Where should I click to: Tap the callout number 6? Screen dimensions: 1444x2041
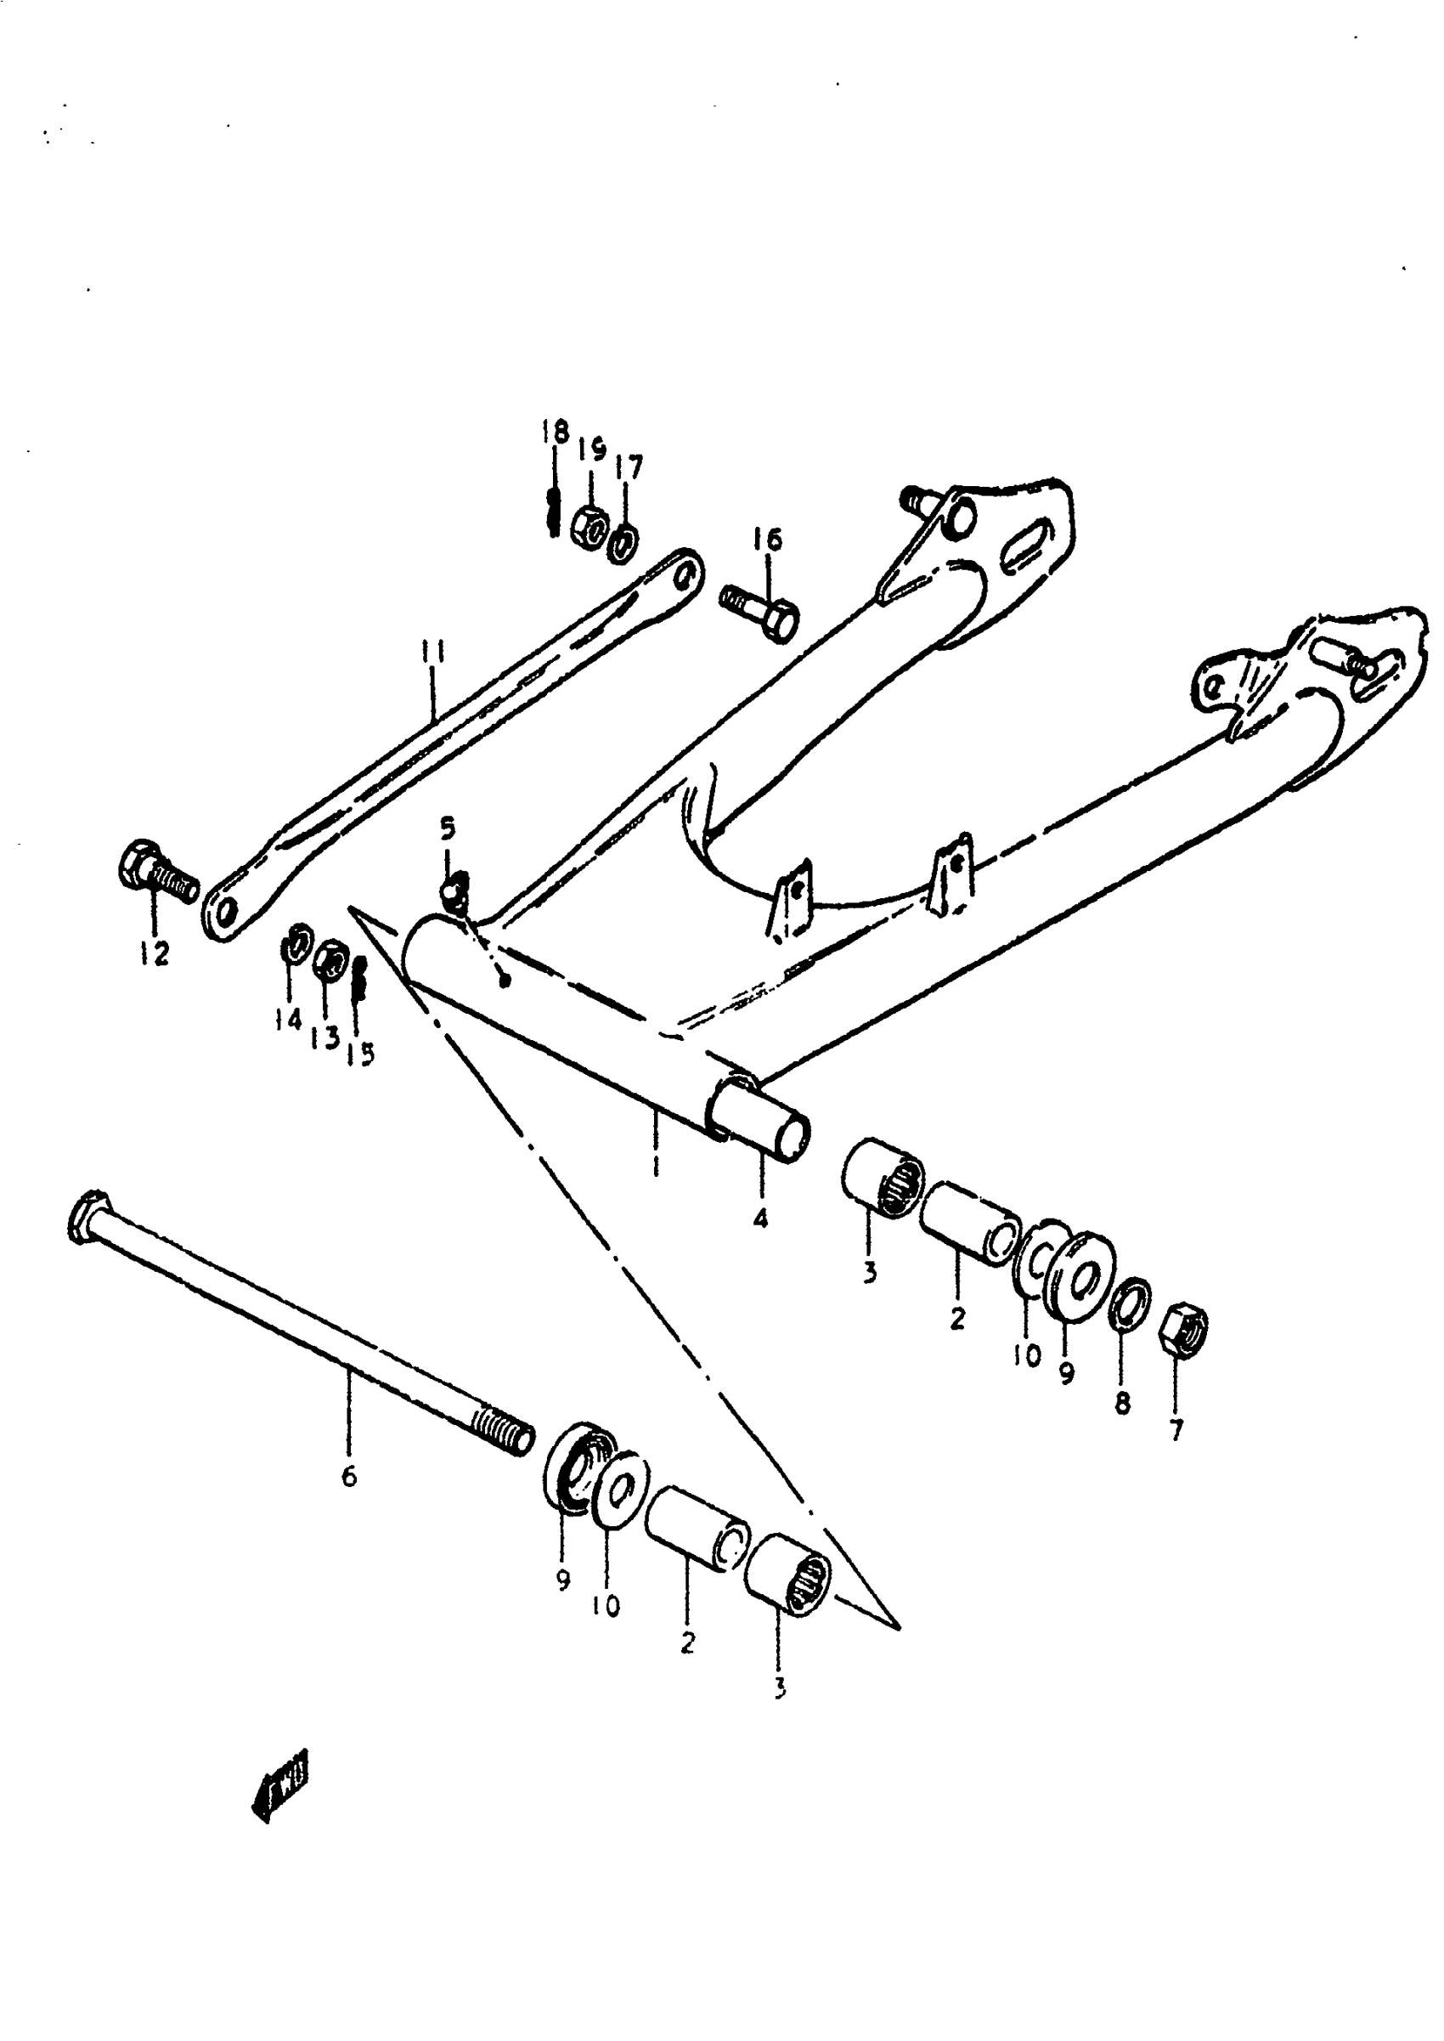click(348, 1476)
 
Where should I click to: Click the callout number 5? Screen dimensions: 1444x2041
click(448, 828)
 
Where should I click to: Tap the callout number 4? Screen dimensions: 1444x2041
click(760, 1218)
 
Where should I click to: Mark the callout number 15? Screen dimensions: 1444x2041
click(361, 1054)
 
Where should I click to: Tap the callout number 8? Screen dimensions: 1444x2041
click(1122, 1405)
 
